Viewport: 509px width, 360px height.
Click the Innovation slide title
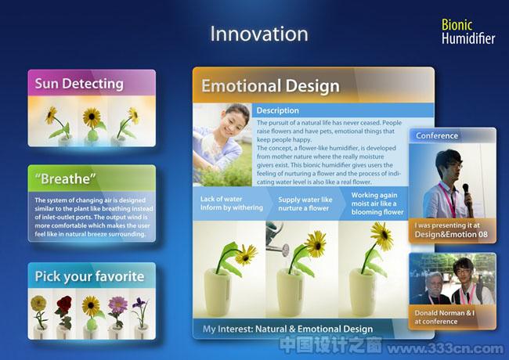[x=259, y=34]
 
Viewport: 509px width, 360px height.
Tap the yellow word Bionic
[x=457, y=25]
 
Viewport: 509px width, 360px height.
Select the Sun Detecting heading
[x=79, y=84]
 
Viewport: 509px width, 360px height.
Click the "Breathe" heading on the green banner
[x=65, y=178]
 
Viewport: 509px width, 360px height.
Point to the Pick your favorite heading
[x=89, y=276]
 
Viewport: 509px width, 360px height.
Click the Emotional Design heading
[x=270, y=86]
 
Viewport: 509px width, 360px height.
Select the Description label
[x=277, y=110]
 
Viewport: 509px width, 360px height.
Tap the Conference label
[x=437, y=135]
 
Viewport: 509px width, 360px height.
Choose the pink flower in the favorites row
[x=117, y=304]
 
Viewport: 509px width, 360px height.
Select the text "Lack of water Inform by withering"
[x=232, y=203]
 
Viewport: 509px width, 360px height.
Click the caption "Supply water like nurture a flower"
[x=305, y=204]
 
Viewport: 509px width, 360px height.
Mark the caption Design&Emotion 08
[x=451, y=235]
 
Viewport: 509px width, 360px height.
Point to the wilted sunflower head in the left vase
[x=246, y=254]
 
